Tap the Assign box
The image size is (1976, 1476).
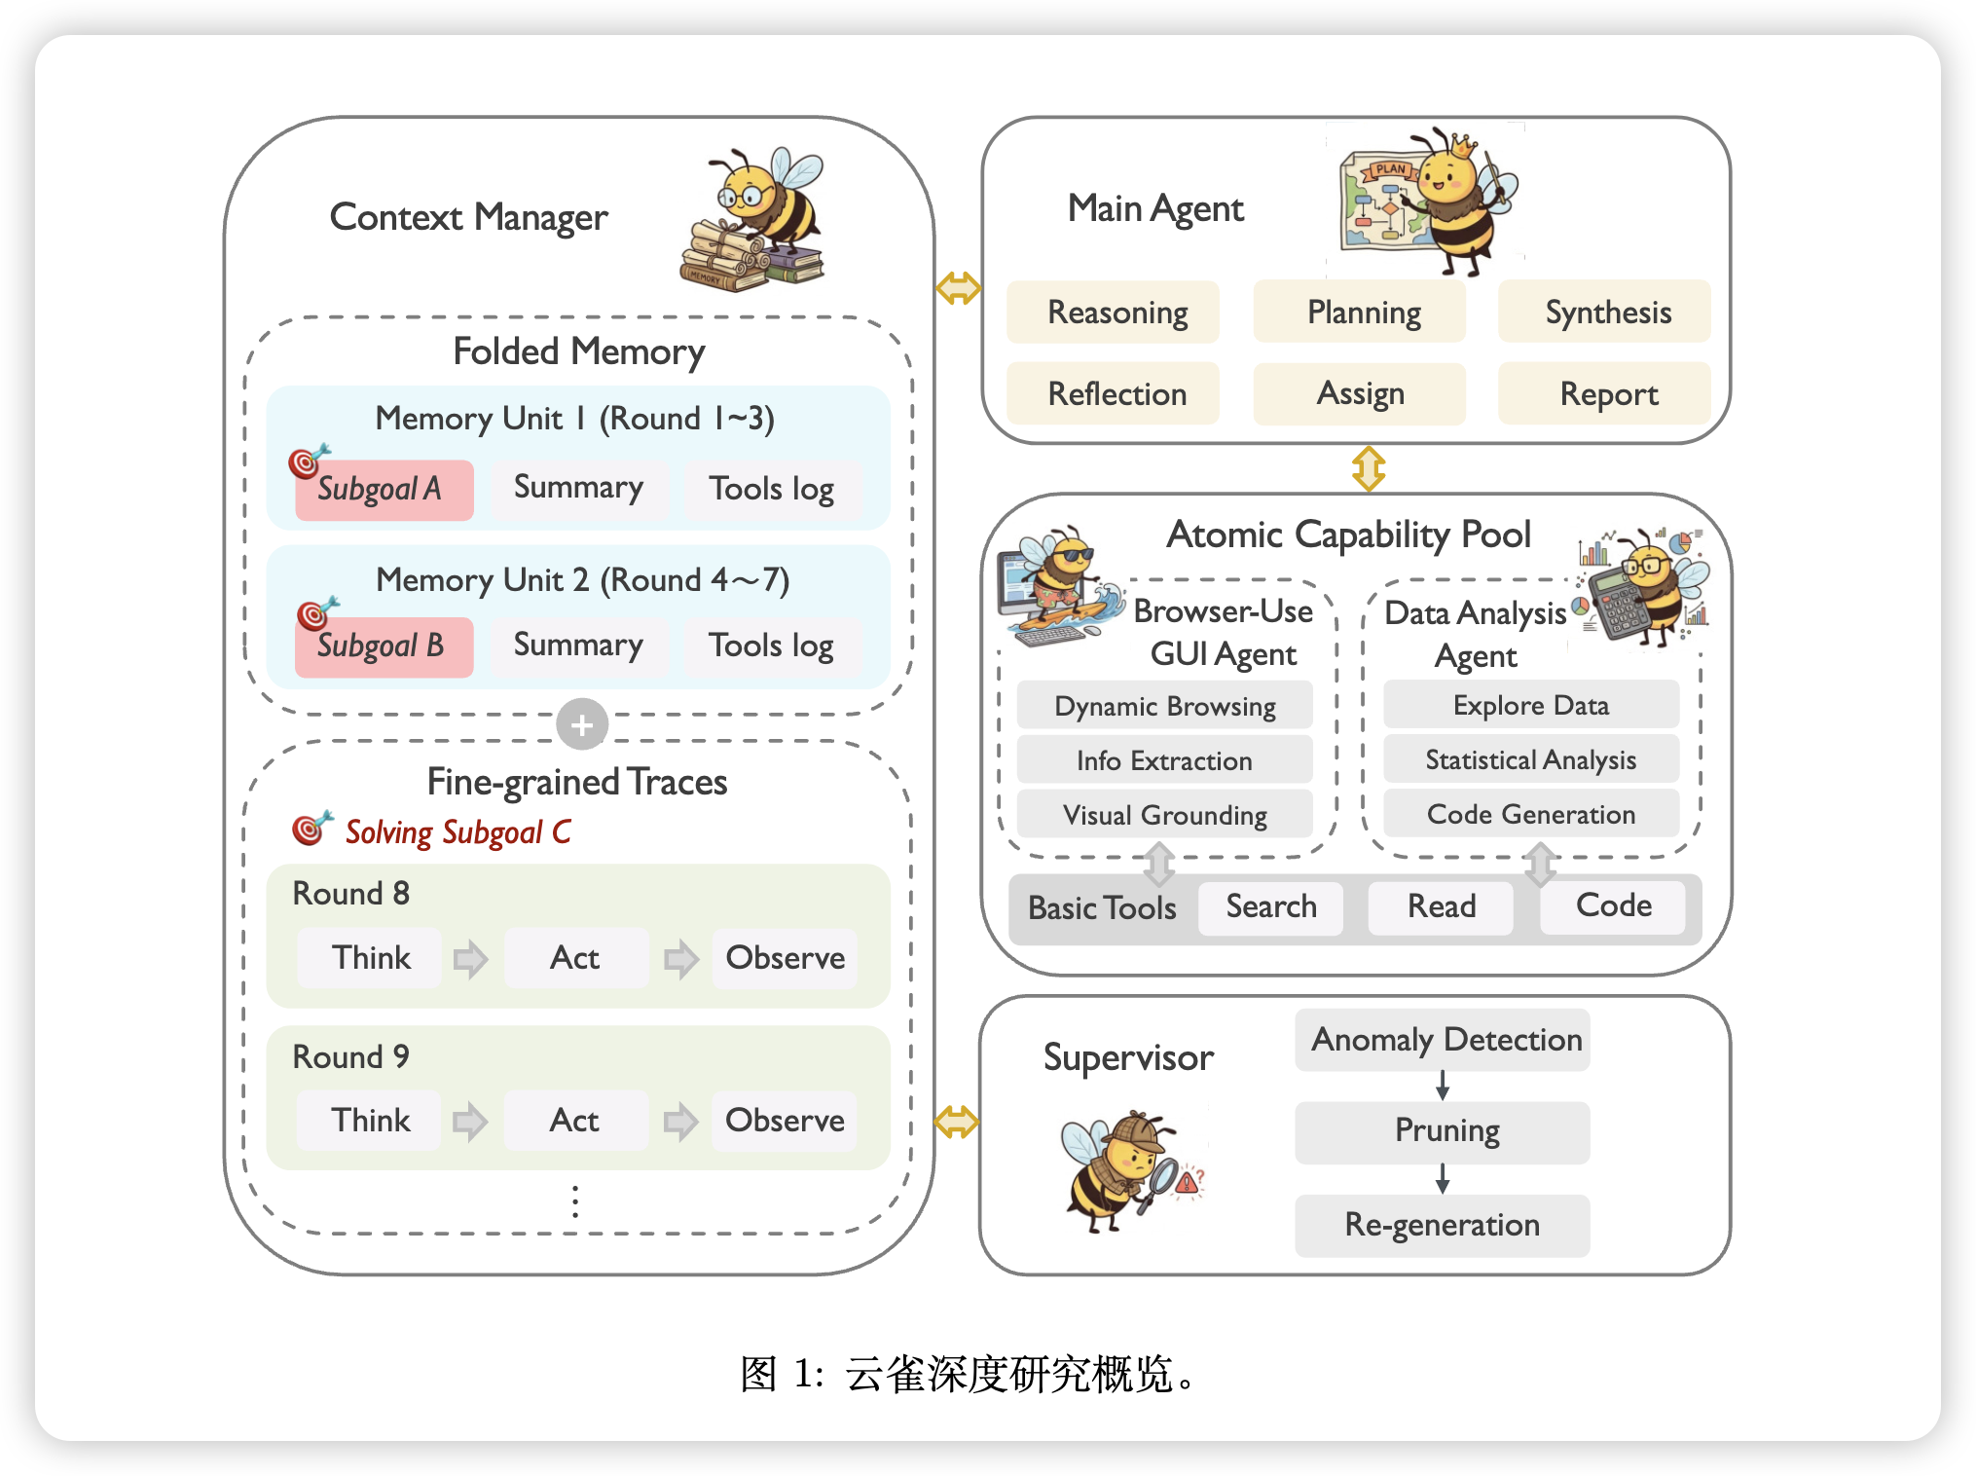(1359, 394)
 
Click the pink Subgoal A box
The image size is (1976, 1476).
(384, 489)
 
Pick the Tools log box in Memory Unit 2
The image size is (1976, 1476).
(771, 646)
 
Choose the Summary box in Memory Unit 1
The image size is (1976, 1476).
(578, 488)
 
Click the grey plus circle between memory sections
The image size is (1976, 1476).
(582, 724)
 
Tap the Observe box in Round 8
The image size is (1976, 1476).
(785, 958)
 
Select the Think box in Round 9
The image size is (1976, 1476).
(370, 1121)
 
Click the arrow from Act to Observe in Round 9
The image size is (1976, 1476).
(680, 1121)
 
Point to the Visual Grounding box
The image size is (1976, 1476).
(1164, 815)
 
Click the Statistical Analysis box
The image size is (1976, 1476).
(1530, 759)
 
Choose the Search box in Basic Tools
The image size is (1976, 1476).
(1270, 907)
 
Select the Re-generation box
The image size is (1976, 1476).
(1442, 1225)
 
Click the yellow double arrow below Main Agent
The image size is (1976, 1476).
(1369, 468)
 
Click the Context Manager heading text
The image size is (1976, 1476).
(468, 217)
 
